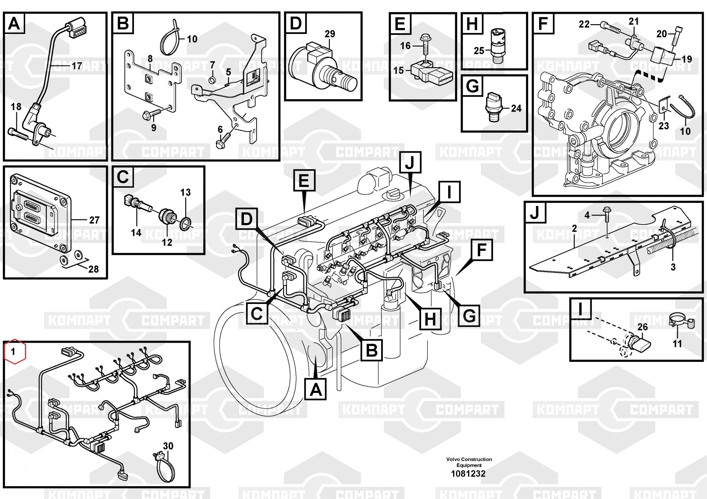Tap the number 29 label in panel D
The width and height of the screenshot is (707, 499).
tap(330, 34)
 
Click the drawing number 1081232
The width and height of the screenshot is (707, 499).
tap(468, 474)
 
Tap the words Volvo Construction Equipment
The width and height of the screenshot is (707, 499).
tap(469, 462)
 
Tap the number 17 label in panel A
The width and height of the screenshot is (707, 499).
tap(77, 66)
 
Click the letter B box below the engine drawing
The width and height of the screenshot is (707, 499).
tap(372, 350)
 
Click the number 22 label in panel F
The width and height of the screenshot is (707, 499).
tap(584, 24)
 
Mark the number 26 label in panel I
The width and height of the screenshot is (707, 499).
tap(642, 327)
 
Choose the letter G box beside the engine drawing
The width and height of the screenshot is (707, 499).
tap(469, 315)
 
